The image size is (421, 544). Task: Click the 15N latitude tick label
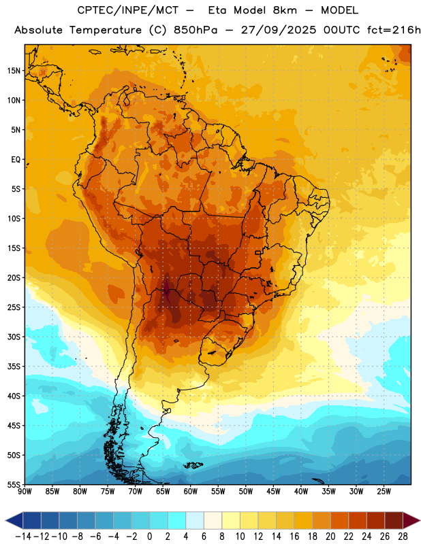[14, 71]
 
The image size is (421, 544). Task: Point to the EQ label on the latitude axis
[16, 160]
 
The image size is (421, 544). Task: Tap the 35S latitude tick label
[14, 367]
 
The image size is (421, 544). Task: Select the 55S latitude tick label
[14, 484]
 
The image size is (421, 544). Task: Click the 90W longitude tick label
[25, 492]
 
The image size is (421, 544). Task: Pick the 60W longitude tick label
[191, 492]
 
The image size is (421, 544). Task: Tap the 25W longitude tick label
[384, 492]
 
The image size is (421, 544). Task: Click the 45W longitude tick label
[273, 492]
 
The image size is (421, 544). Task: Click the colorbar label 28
[403, 537]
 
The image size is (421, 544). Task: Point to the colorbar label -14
[23, 537]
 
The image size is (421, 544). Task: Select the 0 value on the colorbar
[149, 537]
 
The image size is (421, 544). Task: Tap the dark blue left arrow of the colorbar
[14, 520]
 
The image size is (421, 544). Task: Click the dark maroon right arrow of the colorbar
[411, 520]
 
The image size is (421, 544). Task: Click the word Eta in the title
[217, 10]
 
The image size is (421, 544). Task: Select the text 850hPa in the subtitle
[196, 30]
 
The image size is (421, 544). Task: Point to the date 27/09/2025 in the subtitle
[279, 30]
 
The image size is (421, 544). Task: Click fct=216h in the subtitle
[394, 30]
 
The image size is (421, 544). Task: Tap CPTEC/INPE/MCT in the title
[128, 10]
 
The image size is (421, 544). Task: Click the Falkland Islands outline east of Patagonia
[193, 465]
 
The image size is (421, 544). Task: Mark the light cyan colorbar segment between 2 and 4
[176, 520]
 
